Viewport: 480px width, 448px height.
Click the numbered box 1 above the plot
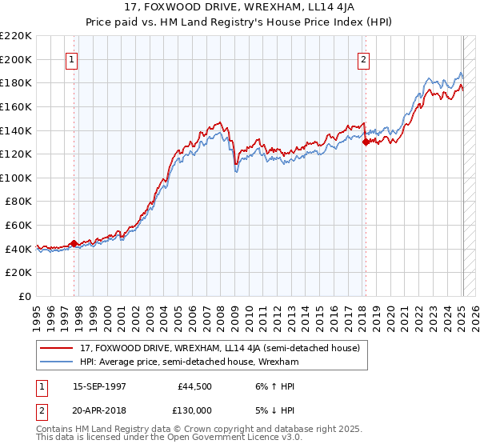72,58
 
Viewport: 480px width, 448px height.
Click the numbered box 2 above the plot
364,58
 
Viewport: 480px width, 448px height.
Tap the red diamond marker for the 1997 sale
74,243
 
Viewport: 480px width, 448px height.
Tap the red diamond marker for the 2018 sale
366,142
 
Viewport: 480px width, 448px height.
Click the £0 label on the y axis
24,296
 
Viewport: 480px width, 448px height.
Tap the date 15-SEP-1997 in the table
100,386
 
